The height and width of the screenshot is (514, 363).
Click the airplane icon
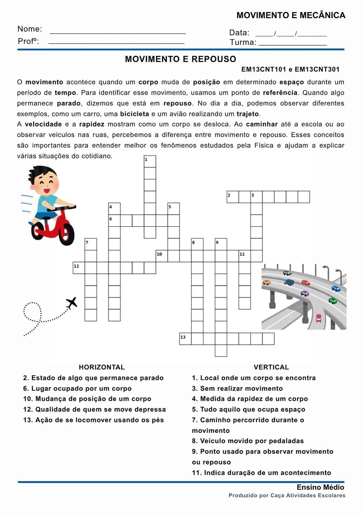[72, 303]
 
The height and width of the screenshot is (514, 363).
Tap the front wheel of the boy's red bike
[66, 234]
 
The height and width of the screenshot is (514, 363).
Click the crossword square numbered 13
[185, 339]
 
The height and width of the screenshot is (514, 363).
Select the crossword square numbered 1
[150, 161]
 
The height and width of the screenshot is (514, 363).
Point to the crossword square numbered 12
[79, 268]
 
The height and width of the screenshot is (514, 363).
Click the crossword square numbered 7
[91, 244]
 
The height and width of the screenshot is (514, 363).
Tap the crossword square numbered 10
[162, 256]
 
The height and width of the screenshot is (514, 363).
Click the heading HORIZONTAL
[102, 367]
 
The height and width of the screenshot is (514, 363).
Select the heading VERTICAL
[271, 367]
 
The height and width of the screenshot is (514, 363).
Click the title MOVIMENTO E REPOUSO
[180, 59]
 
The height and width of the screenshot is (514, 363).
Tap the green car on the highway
[333, 301]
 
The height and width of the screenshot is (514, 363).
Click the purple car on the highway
[304, 293]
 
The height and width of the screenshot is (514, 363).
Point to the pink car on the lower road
[319, 318]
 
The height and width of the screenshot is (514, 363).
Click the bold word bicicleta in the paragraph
[135, 114]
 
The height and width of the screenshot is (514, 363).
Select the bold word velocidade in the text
[43, 124]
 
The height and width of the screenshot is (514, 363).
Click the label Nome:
[30, 29]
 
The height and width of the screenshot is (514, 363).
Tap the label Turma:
[243, 42]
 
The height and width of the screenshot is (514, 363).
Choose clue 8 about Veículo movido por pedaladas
[248, 441]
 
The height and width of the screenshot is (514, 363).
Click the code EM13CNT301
[317, 69]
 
